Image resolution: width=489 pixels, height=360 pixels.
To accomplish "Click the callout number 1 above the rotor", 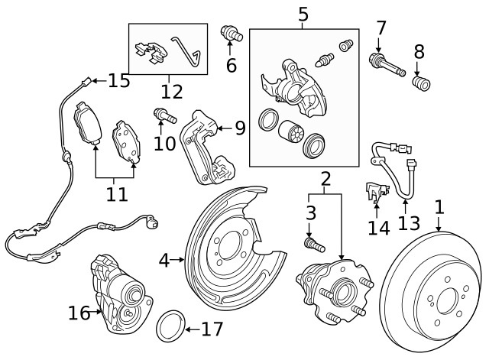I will pyautogui.click(x=439, y=206).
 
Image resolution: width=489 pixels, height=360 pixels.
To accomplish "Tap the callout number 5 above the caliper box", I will pyautogui.click(x=303, y=14).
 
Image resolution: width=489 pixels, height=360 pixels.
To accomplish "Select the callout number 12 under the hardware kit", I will pyautogui.click(x=172, y=92).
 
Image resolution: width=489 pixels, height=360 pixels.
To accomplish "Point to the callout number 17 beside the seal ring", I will pyautogui.click(x=212, y=329).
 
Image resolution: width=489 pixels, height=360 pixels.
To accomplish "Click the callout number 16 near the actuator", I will pyautogui.click(x=79, y=313).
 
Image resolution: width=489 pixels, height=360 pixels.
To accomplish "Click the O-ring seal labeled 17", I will pyautogui.click(x=171, y=327).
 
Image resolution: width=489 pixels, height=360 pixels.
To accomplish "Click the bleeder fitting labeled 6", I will pyautogui.click(x=229, y=33).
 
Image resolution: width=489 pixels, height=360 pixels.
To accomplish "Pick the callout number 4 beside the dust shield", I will pyautogui.click(x=164, y=261).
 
